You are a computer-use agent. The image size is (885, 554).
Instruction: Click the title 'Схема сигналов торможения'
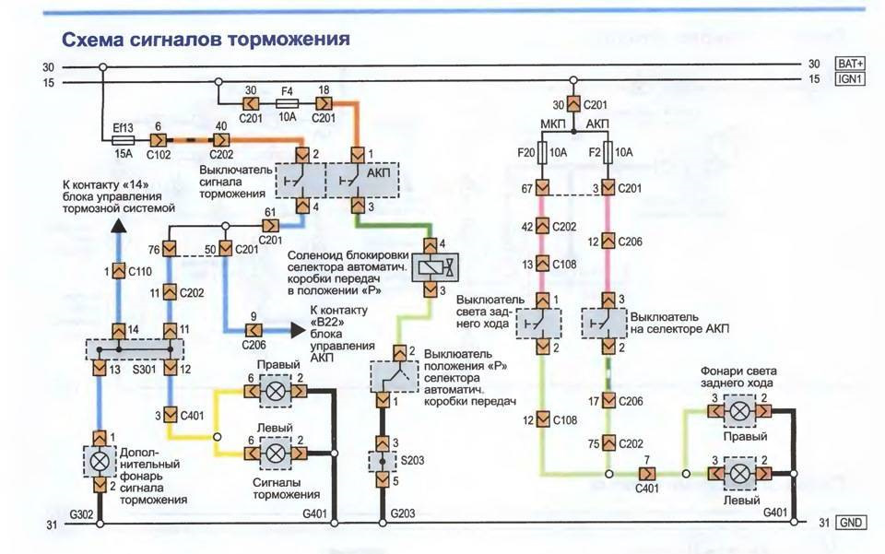tap(205, 40)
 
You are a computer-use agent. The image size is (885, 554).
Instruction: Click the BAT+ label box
tap(849, 64)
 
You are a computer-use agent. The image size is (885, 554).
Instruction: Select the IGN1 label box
tap(849, 80)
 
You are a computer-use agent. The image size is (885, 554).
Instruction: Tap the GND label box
tap(849, 523)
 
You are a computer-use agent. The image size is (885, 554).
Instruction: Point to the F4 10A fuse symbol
tap(287, 105)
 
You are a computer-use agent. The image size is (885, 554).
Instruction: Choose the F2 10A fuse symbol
tap(608, 151)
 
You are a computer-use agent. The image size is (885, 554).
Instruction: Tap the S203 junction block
tap(382, 460)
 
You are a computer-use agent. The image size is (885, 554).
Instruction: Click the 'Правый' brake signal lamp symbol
tap(275, 391)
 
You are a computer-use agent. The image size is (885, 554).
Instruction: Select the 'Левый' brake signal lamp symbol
tap(275, 451)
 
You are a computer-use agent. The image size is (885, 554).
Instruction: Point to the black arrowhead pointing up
tap(117, 228)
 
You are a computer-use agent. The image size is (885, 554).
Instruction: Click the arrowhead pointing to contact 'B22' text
tap(297, 329)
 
